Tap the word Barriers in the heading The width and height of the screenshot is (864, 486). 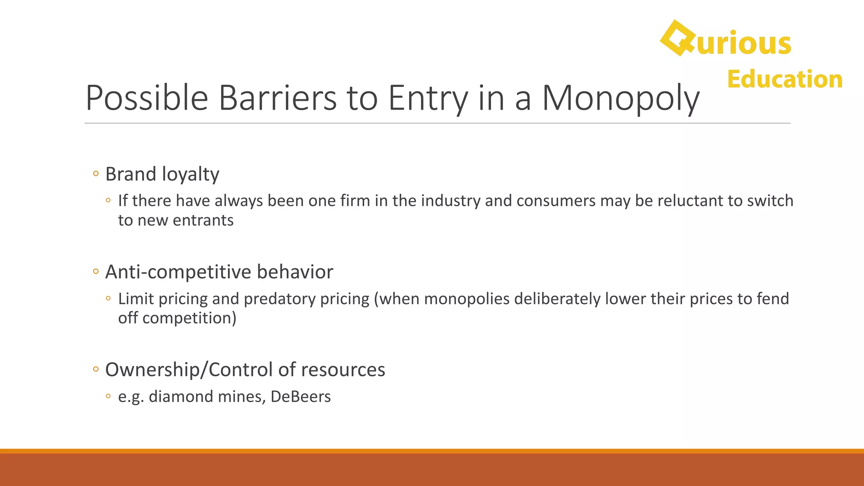click(x=277, y=98)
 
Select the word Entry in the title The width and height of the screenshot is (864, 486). click(x=428, y=98)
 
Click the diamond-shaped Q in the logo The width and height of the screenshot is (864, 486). click(x=677, y=38)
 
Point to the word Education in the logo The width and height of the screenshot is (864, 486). click(x=785, y=79)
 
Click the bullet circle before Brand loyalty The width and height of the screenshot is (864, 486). click(x=96, y=173)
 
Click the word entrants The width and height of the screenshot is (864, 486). click(x=203, y=220)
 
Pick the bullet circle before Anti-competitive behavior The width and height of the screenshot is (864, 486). click(x=96, y=271)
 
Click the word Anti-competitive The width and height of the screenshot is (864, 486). click(x=178, y=272)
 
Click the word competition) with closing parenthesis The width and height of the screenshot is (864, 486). click(x=189, y=318)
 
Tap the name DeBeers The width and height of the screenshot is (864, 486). click(x=300, y=397)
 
